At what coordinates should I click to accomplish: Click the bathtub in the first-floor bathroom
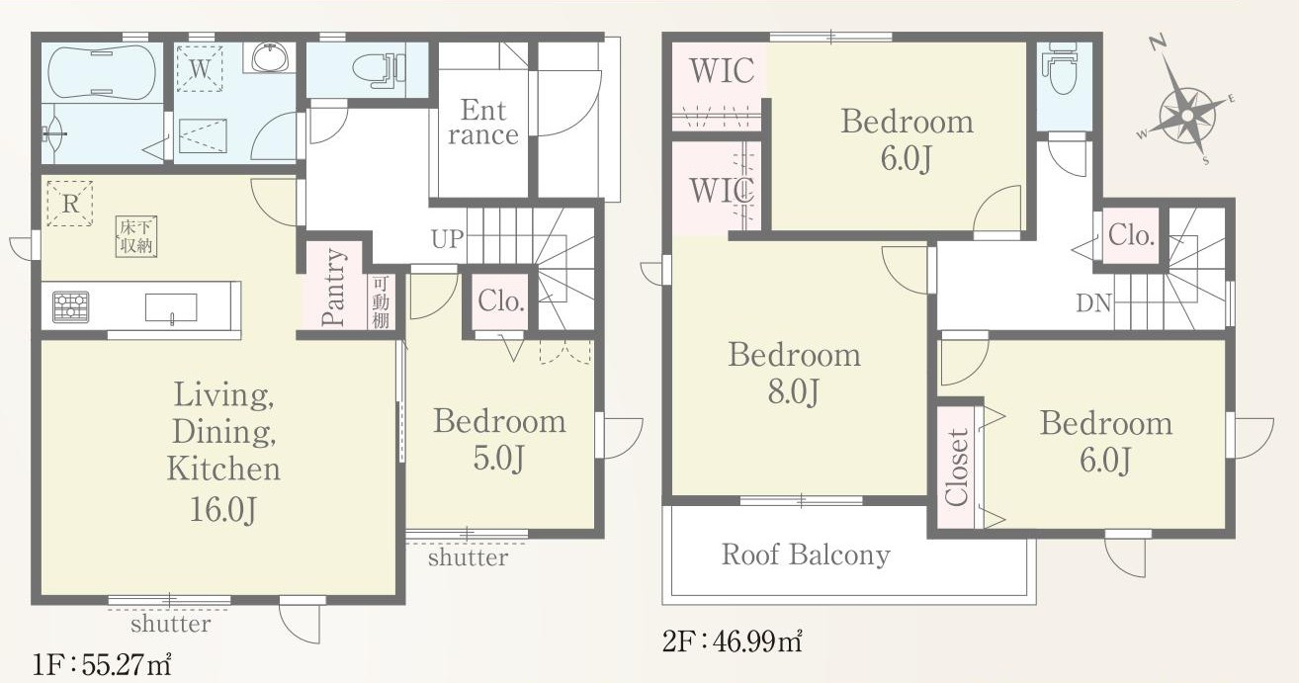pyautogui.click(x=102, y=72)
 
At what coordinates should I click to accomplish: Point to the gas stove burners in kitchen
pyautogui.click(x=71, y=306)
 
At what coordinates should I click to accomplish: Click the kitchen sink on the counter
pyautogui.click(x=170, y=307)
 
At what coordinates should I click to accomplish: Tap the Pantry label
pyautogui.click(x=333, y=287)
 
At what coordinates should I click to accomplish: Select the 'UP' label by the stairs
pyautogui.click(x=447, y=238)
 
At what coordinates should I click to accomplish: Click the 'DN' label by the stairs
pyautogui.click(x=1093, y=303)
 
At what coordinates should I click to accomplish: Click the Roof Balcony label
pyautogui.click(x=806, y=555)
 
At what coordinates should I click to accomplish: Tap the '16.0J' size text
pyautogui.click(x=223, y=510)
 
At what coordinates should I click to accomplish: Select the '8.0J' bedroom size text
pyautogui.click(x=794, y=391)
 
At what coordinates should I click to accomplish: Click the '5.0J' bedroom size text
pyautogui.click(x=498, y=458)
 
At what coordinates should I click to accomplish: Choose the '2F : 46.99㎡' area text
pyautogui.click(x=733, y=641)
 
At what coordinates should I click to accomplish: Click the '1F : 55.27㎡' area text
pyautogui.click(x=102, y=665)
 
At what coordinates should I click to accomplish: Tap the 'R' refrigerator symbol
pyautogui.click(x=69, y=204)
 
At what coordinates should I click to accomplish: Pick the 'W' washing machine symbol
pyautogui.click(x=200, y=68)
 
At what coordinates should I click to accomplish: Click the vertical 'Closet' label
pyautogui.click(x=956, y=467)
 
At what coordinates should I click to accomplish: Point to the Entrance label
pyautogui.click(x=483, y=123)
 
